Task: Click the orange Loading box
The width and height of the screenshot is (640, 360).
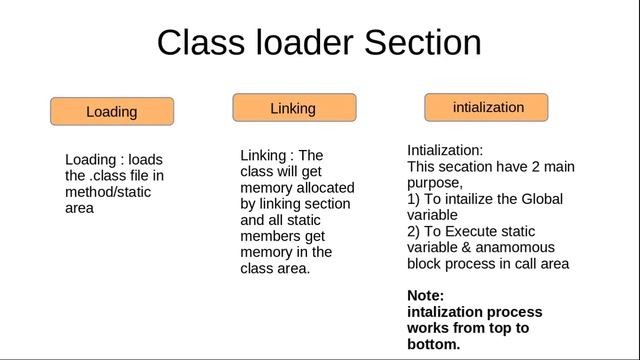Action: [x=112, y=111]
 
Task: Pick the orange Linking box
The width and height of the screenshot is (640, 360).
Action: [x=294, y=107]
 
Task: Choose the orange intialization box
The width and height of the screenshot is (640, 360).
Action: [x=487, y=106]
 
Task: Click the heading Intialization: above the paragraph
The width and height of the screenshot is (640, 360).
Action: [x=445, y=150]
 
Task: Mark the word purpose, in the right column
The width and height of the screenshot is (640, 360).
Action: [x=435, y=183]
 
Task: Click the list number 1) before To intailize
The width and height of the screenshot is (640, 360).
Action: [x=414, y=199]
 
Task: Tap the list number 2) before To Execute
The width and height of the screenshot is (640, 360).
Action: [x=414, y=231]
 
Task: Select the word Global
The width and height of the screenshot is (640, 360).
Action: [x=540, y=199]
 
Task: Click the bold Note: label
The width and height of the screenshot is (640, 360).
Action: [x=427, y=296]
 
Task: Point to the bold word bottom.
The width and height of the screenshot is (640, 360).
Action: [x=434, y=343]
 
